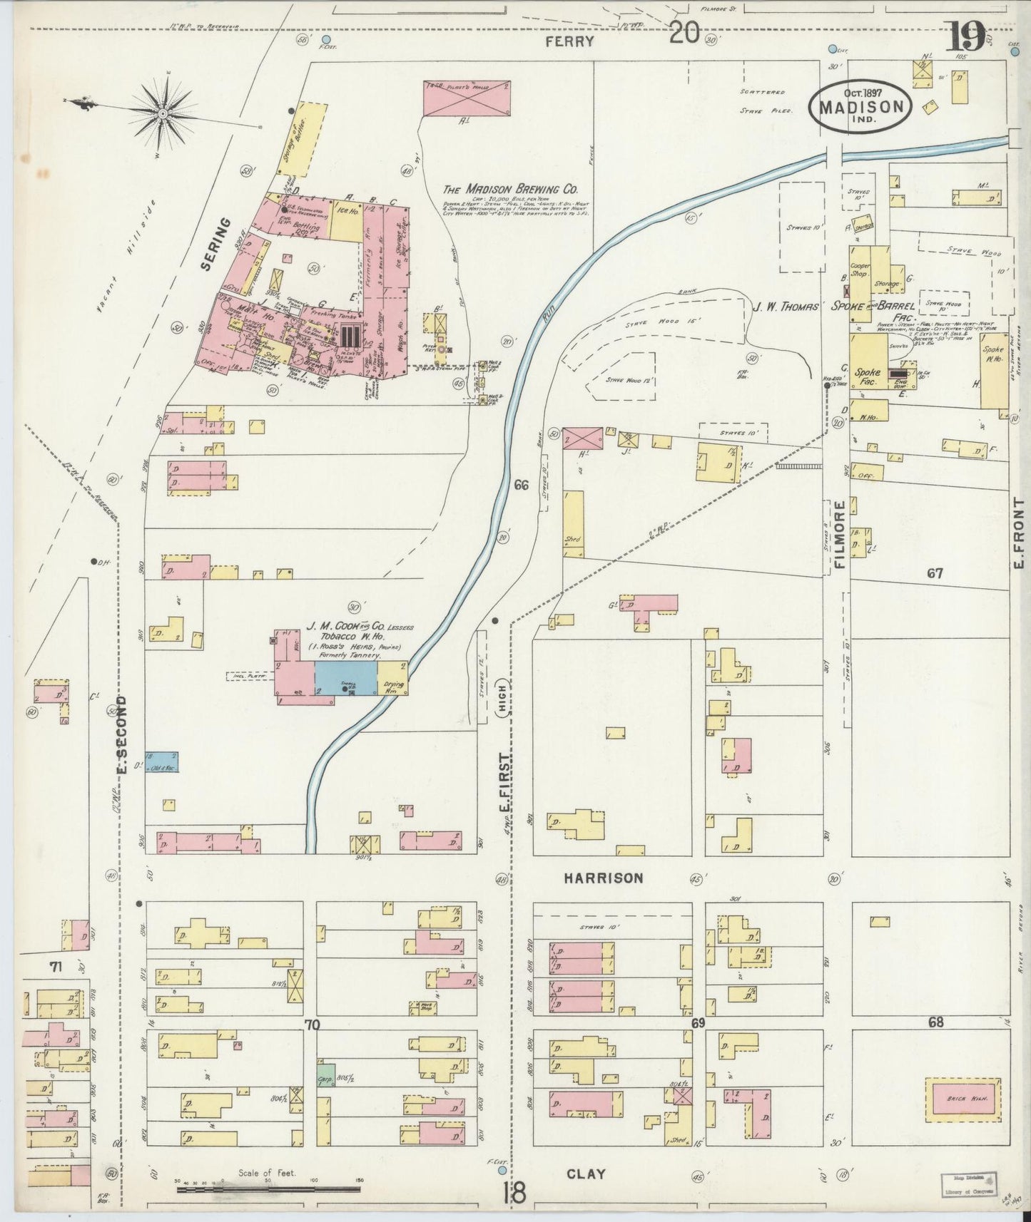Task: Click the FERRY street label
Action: click(x=569, y=41)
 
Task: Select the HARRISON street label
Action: click(x=603, y=878)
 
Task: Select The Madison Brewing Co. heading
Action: click(x=509, y=189)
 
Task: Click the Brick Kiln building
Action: click(x=967, y=1119)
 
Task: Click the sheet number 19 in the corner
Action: click(x=967, y=36)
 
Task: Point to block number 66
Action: click(x=521, y=486)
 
